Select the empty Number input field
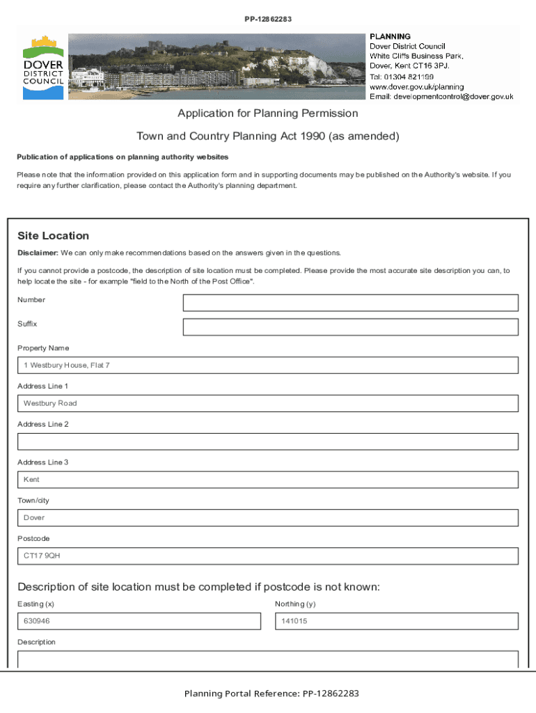(350, 303)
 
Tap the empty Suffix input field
(350, 327)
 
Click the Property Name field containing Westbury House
(268, 366)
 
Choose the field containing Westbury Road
(268, 404)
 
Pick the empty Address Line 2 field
(268, 441)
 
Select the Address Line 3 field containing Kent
(268, 480)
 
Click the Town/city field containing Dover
(268, 518)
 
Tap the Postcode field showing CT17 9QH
(268, 556)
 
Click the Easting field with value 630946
(139, 621)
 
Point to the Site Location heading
(54, 236)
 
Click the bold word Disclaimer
(38, 253)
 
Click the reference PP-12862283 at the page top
(268, 19)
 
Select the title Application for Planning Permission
(268, 113)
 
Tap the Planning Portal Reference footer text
(271, 694)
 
